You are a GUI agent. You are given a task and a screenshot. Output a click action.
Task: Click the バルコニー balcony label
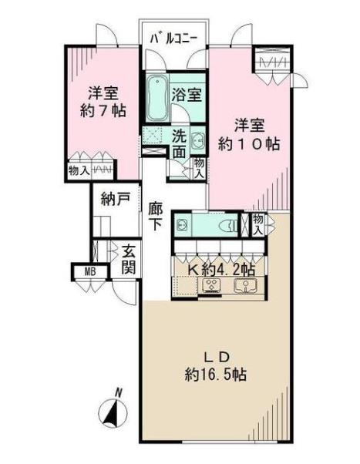pos(173,39)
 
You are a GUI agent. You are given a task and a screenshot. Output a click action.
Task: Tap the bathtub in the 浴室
pos(156,97)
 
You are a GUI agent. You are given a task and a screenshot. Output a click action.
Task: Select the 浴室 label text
pos(187,95)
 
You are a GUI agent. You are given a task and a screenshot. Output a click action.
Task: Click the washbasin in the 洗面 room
pos(198,141)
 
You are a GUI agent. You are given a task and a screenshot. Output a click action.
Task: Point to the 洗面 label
pos(180,144)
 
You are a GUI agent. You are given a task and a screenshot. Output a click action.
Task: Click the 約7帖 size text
pos(103,111)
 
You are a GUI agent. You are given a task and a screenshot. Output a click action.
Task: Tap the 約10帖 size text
pos(249,144)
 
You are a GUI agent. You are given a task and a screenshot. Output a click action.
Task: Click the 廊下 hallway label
pos(156,216)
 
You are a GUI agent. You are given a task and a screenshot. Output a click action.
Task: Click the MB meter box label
pos(90,271)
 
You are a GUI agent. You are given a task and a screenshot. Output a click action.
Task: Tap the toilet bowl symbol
pos(229,227)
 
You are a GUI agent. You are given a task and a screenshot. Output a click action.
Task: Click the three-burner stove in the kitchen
pos(212,285)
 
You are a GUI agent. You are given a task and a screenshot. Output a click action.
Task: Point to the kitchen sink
pos(245,285)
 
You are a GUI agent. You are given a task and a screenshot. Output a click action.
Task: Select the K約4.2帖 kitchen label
pos(222,269)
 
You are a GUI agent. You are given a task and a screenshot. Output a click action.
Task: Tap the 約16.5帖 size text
pos(216,375)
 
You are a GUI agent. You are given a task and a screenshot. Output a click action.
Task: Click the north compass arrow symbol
pos(113,412)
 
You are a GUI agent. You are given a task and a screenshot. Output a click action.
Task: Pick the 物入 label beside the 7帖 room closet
pos(78,170)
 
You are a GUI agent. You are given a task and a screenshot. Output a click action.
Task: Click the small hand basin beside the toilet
pos(181,226)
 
